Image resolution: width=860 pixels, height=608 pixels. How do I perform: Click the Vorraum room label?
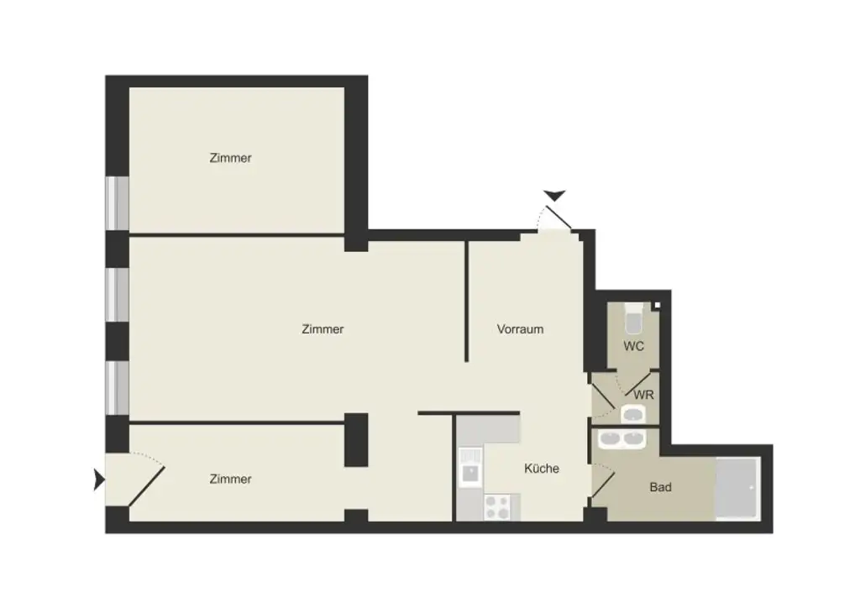pyautogui.click(x=520, y=329)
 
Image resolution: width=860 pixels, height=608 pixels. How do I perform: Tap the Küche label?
pyautogui.click(x=542, y=469)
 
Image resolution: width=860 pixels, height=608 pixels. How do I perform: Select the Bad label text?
pyautogui.click(x=660, y=487)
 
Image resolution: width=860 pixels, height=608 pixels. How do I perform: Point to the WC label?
pyautogui.click(x=633, y=346)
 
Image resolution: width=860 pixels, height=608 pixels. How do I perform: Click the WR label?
pyautogui.click(x=644, y=395)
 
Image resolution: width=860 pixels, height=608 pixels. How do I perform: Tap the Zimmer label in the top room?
pyautogui.click(x=231, y=158)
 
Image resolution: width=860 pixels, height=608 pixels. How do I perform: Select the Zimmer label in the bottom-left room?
pyautogui.click(x=231, y=480)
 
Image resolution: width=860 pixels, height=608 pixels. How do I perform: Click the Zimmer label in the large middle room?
pyautogui.click(x=322, y=329)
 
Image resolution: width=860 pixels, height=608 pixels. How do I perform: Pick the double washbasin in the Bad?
pyautogui.click(x=621, y=439)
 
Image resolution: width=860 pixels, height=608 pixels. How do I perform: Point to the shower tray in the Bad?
pyautogui.click(x=737, y=490)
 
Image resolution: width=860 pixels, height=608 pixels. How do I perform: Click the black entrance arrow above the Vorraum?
pyautogui.click(x=555, y=197)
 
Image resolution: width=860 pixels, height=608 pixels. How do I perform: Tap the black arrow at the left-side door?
pyautogui.click(x=99, y=480)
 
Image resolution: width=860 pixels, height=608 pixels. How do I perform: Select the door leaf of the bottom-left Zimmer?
pyautogui.click(x=146, y=485)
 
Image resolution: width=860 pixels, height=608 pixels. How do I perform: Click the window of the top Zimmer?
pyautogui.click(x=118, y=202)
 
